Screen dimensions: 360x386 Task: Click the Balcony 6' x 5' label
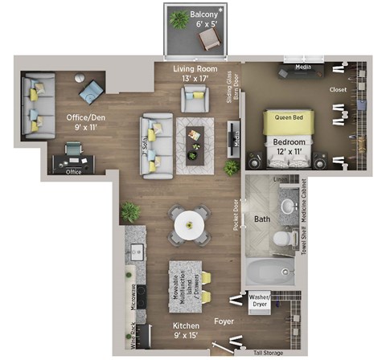click(x=203, y=19)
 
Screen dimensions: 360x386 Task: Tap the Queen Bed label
click(x=288, y=117)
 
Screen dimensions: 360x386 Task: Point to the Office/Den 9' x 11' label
click(x=81, y=122)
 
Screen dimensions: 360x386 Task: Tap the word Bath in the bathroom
click(x=263, y=219)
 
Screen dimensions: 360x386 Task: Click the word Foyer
click(x=224, y=321)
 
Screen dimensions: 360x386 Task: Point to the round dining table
click(x=190, y=224)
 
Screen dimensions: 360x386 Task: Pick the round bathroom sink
click(x=286, y=207)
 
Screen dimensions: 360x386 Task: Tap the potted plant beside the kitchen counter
click(x=129, y=212)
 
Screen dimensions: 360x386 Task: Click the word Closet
click(x=339, y=90)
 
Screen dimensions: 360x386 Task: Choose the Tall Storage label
click(x=271, y=351)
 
